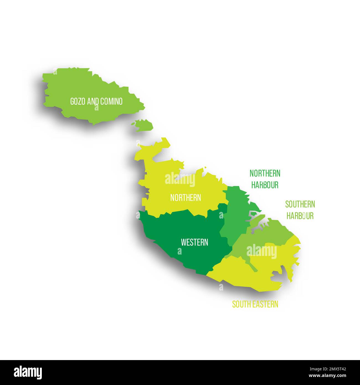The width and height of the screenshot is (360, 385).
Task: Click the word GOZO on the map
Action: [x=77, y=101]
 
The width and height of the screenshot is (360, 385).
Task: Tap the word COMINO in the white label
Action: [x=111, y=101]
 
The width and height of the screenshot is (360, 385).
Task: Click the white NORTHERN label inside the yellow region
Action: [x=186, y=198]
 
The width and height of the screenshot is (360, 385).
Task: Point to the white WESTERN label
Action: [x=194, y=242]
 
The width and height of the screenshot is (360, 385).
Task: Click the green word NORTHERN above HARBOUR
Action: [x=265, y=174]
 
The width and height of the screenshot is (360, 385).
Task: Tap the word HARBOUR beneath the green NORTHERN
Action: [x=265, y=185]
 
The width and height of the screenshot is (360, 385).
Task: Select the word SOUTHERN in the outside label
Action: [x=300, y=204]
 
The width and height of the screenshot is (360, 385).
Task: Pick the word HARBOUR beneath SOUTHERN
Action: [x=300, y=216]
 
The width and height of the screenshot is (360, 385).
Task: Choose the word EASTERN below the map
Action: [x=266, y=304]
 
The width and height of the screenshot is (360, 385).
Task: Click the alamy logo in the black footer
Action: [x=28, y=372]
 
